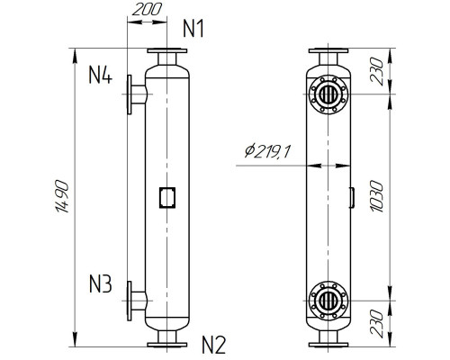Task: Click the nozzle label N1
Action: [193, 29]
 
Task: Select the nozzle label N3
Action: [100, 287]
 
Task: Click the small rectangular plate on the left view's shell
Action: [166, 196]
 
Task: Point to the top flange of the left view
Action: [166, 51]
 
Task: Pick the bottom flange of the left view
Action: [166, 343]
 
